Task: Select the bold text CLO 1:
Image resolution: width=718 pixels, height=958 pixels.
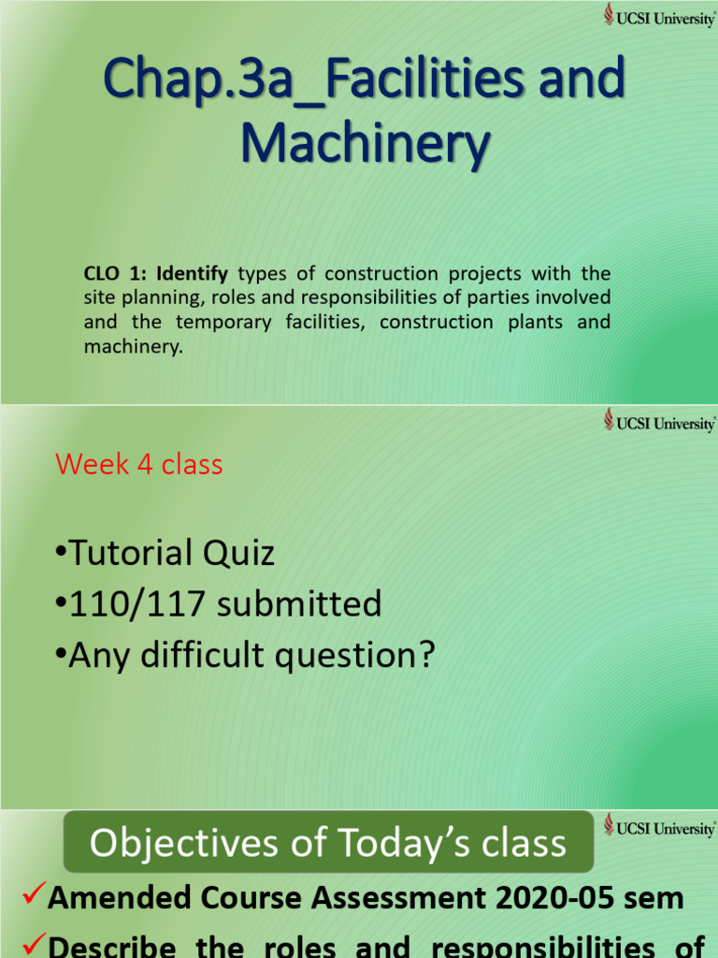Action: coord(116,274)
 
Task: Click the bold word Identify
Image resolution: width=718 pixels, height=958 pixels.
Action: coord(192,274)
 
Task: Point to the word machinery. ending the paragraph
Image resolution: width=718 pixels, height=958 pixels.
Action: coord(132,347)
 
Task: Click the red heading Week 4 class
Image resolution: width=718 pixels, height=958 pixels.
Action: coord(138,464)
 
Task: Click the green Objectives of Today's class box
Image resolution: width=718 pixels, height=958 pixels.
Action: coord(328,843)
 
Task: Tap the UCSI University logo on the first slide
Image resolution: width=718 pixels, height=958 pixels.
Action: coord(659,17)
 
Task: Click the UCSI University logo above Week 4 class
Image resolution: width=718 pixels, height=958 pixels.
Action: coord(659,422)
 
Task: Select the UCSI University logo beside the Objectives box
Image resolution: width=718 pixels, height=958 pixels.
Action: coord(659,827)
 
